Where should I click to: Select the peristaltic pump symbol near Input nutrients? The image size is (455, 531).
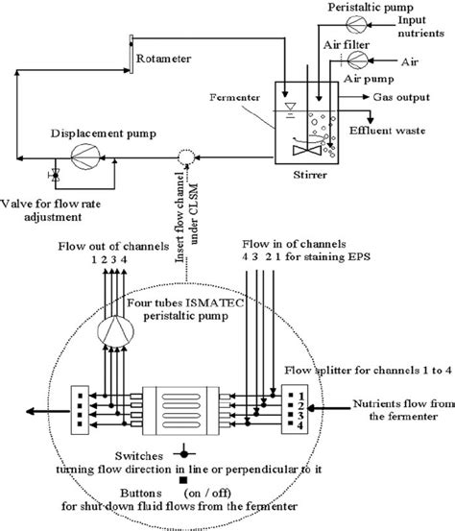coord(329,19)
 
